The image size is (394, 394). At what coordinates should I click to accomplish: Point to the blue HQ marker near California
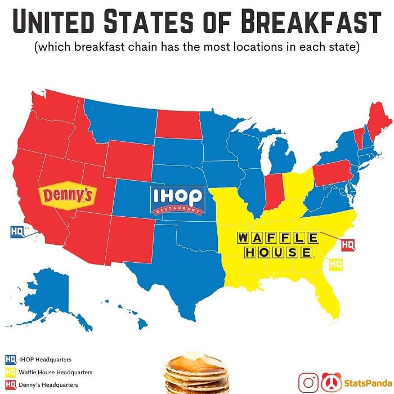tap(17, 231)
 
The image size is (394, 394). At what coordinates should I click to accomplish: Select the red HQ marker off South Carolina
tap(348, 244)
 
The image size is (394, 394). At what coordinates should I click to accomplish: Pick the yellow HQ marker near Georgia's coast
tap(336, 263)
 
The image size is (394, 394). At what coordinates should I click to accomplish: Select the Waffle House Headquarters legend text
tap(55, 372)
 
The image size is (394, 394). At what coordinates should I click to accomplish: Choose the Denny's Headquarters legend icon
tap(10, 384)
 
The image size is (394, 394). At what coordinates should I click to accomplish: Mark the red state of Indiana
tap(274, 191)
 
